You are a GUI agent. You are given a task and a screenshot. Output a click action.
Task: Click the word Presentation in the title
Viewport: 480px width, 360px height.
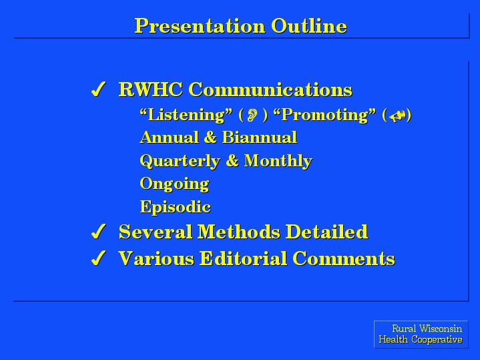pos(200,26)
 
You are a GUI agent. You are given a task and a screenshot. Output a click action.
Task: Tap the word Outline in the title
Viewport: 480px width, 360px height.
pos(309,25)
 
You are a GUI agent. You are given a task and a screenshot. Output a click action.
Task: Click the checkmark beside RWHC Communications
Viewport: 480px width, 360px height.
pos(99,89)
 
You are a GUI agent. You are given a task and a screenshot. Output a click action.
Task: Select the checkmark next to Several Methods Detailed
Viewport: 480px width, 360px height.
pos(99,231)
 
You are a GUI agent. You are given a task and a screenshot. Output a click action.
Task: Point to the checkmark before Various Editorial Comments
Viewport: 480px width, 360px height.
pos(99,258)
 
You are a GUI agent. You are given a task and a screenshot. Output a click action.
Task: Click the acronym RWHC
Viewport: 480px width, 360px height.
pos(151,89)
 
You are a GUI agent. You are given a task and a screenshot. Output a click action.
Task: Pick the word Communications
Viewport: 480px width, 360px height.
pos(270,89)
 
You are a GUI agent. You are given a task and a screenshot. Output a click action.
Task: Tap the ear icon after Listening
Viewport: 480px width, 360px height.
pos(252,115)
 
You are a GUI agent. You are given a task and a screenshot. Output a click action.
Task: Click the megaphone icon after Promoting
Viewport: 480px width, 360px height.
pos(398,116)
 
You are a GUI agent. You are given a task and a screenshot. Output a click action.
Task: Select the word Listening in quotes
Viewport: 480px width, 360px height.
pos(186,115)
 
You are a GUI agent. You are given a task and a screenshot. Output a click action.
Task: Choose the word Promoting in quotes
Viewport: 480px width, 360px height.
pos(324,115)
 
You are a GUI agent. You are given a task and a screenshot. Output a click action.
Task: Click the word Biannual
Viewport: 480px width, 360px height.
pos(260,137)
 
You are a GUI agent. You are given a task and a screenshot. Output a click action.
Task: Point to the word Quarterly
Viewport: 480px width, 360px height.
pos(180,161)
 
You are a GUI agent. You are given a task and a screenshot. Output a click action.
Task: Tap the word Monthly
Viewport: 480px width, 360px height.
pos(278,161)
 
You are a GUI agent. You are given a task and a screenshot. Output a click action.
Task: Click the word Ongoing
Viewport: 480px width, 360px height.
pos(174,184)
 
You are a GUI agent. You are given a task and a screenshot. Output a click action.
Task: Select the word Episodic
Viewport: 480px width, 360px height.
pos(176,206)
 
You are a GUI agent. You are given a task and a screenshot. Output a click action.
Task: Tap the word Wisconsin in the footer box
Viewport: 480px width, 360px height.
pos(441,329)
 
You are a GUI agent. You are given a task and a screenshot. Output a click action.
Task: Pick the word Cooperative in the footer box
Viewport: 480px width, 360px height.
pos(437,339)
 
